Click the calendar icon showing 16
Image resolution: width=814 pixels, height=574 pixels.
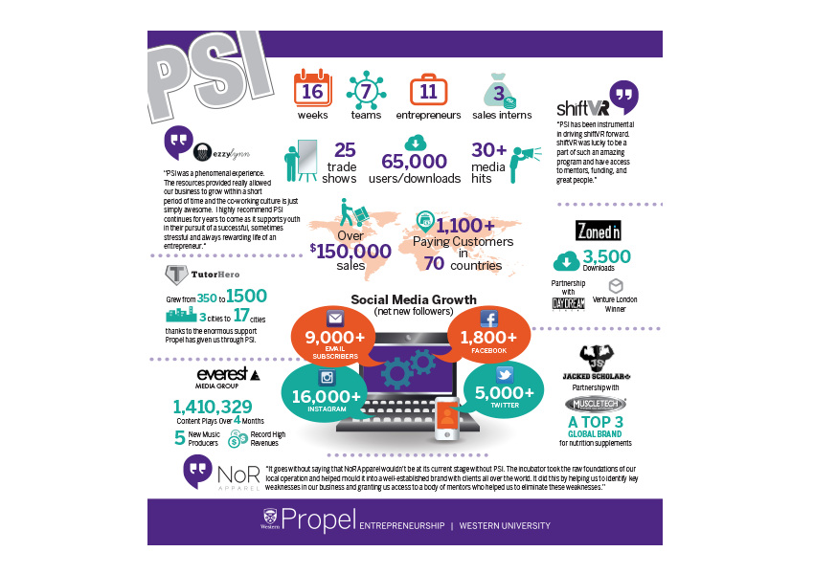coord(312,89)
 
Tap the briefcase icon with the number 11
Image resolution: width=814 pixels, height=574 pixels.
coord(428,90)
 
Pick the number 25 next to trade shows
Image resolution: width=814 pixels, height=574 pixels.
coord(346,151)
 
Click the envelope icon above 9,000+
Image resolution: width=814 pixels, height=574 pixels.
coord(335,319)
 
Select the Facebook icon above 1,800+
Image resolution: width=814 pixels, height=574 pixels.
coord(488,320)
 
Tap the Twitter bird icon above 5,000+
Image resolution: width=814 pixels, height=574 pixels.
coord(506,374)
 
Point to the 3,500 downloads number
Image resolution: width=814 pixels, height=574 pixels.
coord(606,256)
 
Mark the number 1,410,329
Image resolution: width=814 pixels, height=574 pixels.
coord(213,406)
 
